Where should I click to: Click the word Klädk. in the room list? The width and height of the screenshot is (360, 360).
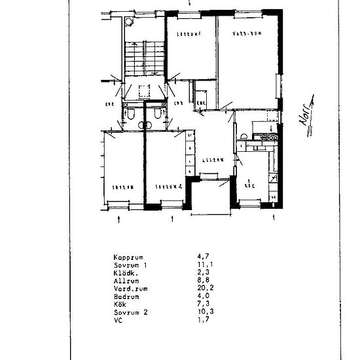(x=122, y=272)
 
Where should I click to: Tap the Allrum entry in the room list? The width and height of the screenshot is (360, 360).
(x=122, y=278)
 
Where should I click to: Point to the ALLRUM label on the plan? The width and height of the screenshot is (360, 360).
(x=213, y=160)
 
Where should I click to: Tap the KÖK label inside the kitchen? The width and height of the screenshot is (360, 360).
(x=249, y=186)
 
